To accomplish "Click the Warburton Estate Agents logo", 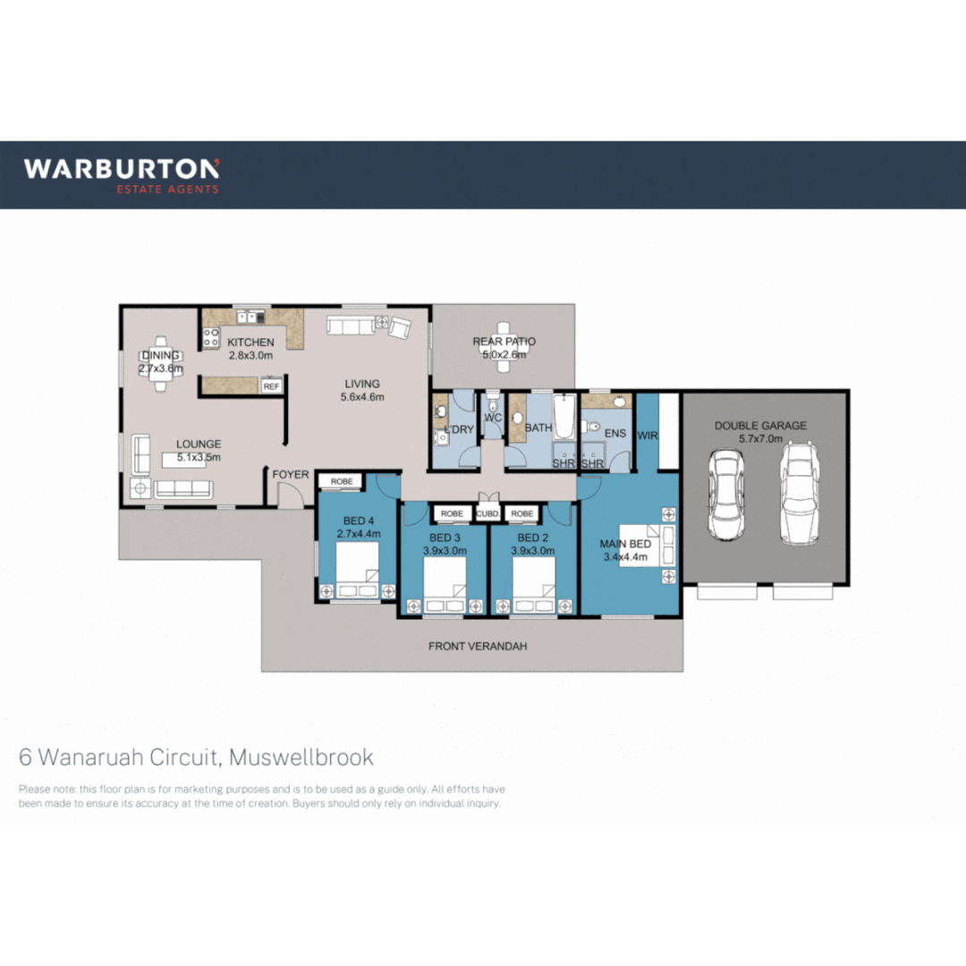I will (x=121, y=174).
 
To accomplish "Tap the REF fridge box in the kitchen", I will (x=271, y=386).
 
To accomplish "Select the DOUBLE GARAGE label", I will (x=760, y=426).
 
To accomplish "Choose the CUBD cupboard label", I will (x=487, y=514).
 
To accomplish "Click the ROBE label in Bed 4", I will (x=342, y=481).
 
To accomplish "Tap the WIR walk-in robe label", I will (x=648, y=436).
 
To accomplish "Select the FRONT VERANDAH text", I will (x=472, y=646).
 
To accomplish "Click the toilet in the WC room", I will (x=493, y=402).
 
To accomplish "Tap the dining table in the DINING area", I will (x=162, y=365).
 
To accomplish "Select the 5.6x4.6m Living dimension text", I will (x=362, y=398).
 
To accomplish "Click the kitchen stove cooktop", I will (x=212, y=337).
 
